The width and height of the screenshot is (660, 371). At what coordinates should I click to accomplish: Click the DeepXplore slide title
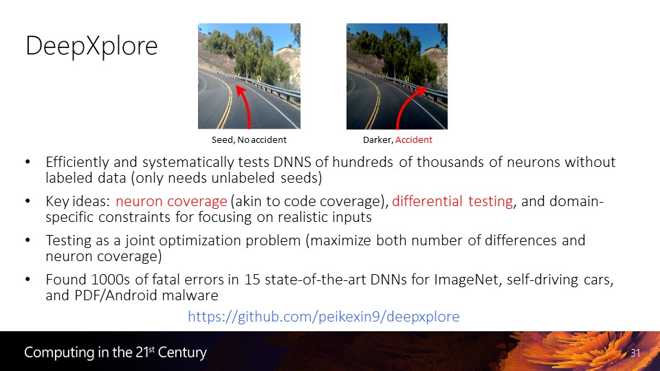pos(91,46)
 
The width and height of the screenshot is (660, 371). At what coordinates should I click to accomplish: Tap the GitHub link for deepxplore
pos(324,316)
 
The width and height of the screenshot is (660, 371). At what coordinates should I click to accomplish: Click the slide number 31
pos(635,353)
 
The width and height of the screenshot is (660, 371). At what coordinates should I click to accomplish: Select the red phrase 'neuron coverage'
pos(171,201)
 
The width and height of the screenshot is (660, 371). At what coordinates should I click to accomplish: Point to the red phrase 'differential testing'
pos(452,201)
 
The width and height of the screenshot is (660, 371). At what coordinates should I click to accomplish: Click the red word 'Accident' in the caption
pos(414,139)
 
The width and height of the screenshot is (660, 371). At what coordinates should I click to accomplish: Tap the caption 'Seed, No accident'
pos(249,139)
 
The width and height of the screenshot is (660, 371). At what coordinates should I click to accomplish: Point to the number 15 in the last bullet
pos(252,280)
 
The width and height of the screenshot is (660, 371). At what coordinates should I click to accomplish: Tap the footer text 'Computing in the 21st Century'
pos(115,352)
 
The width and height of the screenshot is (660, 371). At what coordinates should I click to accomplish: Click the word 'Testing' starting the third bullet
pos(69,240)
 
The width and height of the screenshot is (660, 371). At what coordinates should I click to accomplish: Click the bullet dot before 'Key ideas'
pos(27,201)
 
